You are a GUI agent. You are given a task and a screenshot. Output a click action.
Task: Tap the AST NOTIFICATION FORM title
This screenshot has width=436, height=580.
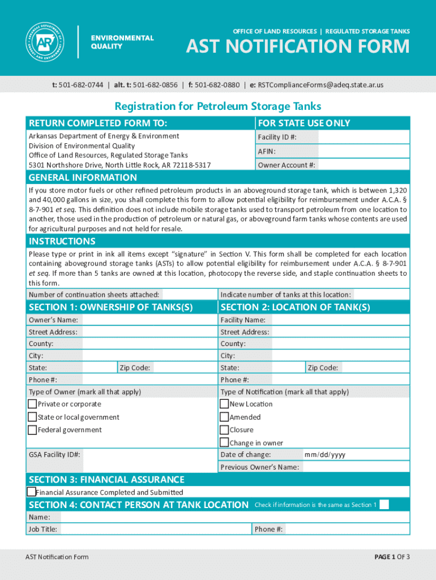(298, 46)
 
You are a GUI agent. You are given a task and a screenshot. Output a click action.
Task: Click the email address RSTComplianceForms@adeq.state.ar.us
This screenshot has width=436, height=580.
(320, 85)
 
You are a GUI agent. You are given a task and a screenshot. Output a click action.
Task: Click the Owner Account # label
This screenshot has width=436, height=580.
(287, 165)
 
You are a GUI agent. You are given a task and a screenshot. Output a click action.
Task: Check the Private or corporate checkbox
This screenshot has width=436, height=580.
(33, 404)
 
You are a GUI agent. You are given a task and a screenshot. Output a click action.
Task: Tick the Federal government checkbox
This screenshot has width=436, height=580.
(33, 430)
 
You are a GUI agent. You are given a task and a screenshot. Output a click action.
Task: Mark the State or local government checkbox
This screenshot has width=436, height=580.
(33, 417)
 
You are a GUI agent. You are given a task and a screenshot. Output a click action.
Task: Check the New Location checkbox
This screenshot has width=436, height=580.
(224, 404)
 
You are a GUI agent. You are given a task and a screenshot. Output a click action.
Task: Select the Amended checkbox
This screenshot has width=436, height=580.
(224, 417)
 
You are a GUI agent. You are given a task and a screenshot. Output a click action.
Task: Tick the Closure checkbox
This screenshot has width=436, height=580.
(224, 430)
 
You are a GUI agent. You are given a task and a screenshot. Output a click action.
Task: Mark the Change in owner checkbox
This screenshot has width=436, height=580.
(224, 442)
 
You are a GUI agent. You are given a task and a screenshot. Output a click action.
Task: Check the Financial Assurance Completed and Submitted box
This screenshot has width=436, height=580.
(32, 492)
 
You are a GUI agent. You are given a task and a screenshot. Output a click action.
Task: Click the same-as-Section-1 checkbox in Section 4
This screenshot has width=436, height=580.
(384, 505)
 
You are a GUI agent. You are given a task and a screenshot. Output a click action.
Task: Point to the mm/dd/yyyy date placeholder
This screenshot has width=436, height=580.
(324, 455)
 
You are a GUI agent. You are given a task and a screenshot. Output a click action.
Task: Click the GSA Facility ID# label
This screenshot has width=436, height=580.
(54, 455)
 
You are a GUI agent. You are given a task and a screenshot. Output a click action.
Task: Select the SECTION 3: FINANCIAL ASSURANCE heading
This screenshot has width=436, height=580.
(106, 480)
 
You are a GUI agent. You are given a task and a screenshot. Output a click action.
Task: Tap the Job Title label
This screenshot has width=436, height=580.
(43, 529)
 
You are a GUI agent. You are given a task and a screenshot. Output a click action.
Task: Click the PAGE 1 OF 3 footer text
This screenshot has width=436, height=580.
(392, 557)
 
